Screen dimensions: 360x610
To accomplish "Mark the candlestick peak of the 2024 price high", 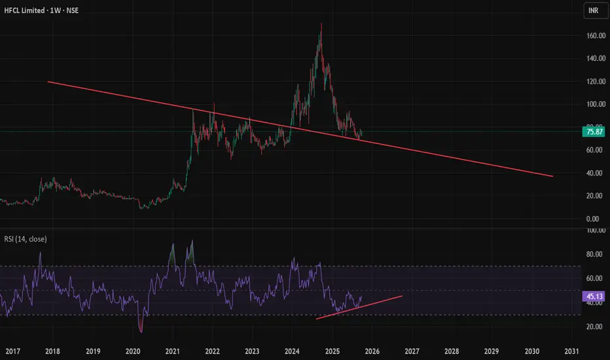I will tap(321, 24).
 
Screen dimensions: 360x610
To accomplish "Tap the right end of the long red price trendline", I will tap(552, 176).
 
